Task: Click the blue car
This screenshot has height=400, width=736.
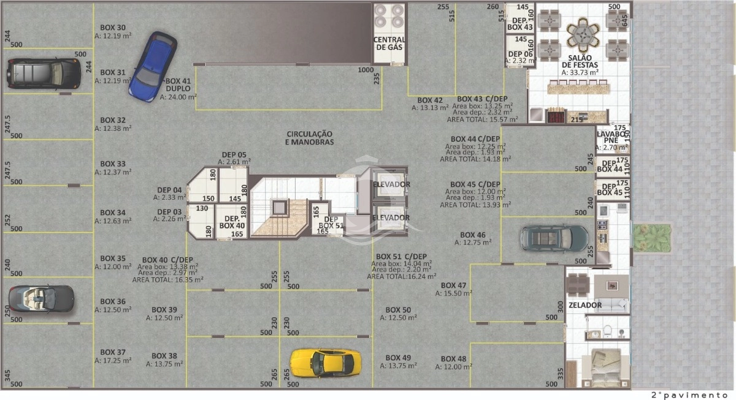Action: point(153,67)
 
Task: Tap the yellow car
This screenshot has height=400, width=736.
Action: point(325,363)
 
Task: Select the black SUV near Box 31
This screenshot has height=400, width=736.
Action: point(44,74)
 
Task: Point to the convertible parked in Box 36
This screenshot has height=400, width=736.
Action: point(42,298)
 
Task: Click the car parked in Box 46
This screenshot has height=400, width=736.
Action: point(554,238)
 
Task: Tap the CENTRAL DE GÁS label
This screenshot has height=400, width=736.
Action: point(389,43)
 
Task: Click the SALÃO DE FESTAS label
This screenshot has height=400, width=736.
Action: point(580,61)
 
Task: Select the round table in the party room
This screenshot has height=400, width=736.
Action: point(583,34)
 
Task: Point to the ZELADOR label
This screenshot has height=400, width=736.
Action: point(585,305)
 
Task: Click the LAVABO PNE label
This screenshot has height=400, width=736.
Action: point(611,137)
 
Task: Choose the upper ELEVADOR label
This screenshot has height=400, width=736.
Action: point(391,184)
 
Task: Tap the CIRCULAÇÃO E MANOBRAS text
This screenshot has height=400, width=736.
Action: point(310,138)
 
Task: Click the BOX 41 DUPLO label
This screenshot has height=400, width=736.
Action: point(178,85)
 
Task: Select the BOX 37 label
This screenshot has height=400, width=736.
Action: point(113,352)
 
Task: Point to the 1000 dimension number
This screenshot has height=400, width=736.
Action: point(366,70)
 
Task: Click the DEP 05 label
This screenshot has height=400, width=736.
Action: point(234,154)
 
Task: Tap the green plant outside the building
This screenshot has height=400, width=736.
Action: point(651,238)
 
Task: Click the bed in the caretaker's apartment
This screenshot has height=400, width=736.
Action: point(606,368)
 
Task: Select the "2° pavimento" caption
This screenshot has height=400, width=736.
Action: point(689,395)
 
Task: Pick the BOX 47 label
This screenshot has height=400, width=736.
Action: point(453,285)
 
